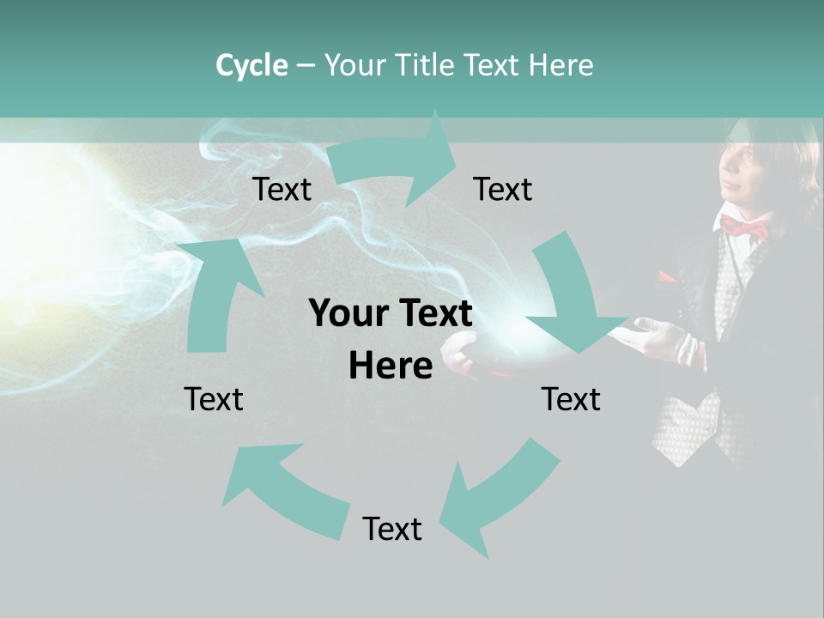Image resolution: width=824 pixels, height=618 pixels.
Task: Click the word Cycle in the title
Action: [x=251, y=65]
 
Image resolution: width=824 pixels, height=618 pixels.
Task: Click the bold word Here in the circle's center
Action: [x=391, y=366]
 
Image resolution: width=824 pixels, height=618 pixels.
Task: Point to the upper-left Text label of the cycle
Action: [x=282, y=189]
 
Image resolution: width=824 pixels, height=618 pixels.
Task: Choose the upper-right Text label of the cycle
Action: [x=503, y=189]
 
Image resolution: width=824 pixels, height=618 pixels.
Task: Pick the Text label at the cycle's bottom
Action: [x=392, y=529]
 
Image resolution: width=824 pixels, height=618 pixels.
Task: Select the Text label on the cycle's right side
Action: [x=571, y=399]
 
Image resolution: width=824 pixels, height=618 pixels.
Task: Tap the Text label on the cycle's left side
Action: [x=214, y=399]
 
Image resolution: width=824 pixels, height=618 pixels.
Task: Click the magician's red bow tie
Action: [x=743, y=227]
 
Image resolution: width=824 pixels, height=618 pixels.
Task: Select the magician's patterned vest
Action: [x=687, y=421]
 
